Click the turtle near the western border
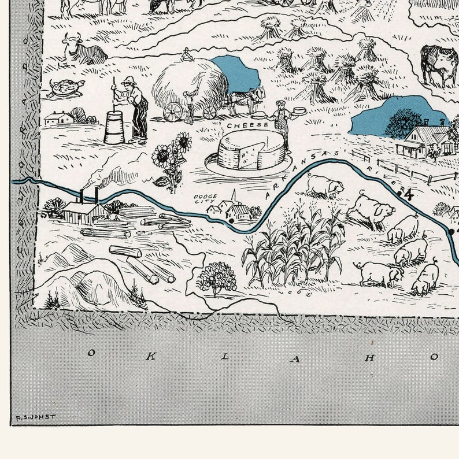pos(66,87)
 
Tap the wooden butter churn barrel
pos(114,127)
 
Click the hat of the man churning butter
pos(129,80)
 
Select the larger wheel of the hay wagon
pos(173,112)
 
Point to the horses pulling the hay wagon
pos(246,99)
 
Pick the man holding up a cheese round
pos(283,123)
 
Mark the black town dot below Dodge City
pos(231,220)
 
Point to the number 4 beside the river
pos(409,194)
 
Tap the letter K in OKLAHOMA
pos(149,356)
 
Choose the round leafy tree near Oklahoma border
pos(217,277)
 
